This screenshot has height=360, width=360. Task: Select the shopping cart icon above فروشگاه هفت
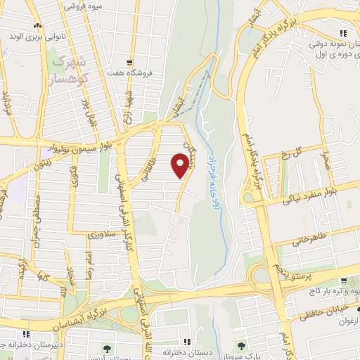(x=128, y=62)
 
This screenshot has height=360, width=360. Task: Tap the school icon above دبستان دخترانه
(x=186, y=333)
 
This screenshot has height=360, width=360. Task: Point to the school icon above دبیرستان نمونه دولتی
(x=342, y=32)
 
